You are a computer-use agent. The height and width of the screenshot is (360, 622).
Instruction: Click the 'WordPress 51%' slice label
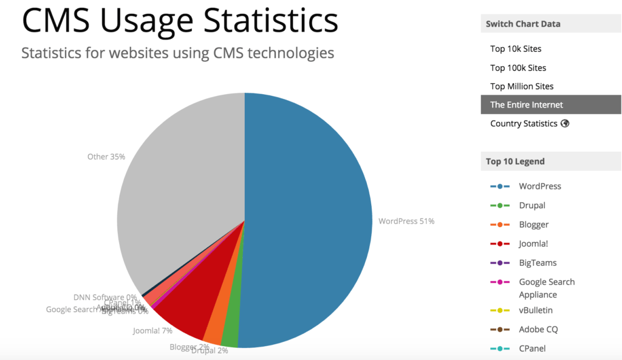click(x=406, y=221)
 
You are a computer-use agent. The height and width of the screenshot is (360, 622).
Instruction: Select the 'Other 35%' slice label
click(x=106, y=157)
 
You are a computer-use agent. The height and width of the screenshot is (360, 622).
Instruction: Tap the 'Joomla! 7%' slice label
click(x=152, y=331)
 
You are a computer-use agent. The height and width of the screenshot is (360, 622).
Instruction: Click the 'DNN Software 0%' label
click(x=104, y=297)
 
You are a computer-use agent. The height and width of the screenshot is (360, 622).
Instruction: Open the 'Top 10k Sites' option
click(x=516, y=49)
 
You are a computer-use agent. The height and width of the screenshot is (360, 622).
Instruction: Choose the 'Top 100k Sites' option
click(x=518, y=67)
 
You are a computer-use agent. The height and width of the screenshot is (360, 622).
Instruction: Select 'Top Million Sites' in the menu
click(x=522, y=86)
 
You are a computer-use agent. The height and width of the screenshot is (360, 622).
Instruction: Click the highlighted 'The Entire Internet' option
click(x=527, y=105)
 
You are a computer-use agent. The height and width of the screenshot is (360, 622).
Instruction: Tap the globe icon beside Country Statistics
click(x=565, y=123)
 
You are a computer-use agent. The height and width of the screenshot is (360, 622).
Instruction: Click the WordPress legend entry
click(x=540, y=186)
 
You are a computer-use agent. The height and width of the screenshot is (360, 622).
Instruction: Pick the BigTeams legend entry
click(x=538, y=263)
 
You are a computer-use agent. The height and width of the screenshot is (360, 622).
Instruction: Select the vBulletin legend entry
click(x=536, y=310)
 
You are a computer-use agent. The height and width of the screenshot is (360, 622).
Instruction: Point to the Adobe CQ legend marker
click(x=499, y=330)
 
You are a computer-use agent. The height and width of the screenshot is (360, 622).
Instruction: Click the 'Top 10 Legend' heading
click(x=515, y=161)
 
